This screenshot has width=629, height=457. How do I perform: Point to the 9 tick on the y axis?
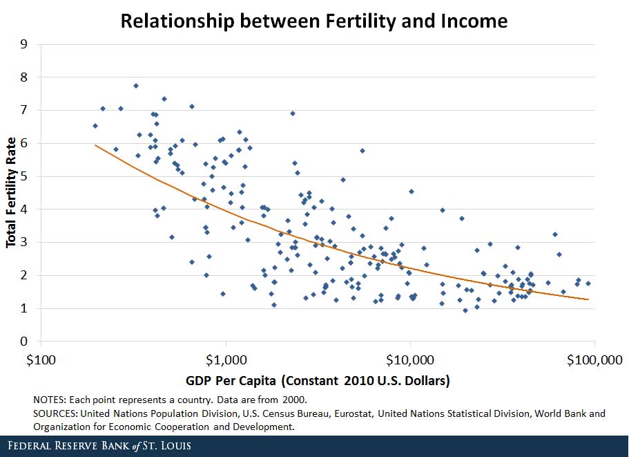pos(24,44)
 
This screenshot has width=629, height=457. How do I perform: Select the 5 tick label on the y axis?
pos(24,176)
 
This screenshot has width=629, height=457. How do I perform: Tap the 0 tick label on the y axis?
pos(24,342)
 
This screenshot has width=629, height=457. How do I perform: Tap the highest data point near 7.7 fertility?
pos(136,86)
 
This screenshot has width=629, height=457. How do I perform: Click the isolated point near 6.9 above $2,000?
pos(293,113)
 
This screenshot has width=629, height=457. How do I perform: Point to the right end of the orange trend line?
pos(588,299)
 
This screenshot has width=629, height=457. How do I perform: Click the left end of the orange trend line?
pos(95,145)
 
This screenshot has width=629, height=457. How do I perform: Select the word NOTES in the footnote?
pos(48,400)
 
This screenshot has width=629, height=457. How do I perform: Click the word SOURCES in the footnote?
pos(55,413)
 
